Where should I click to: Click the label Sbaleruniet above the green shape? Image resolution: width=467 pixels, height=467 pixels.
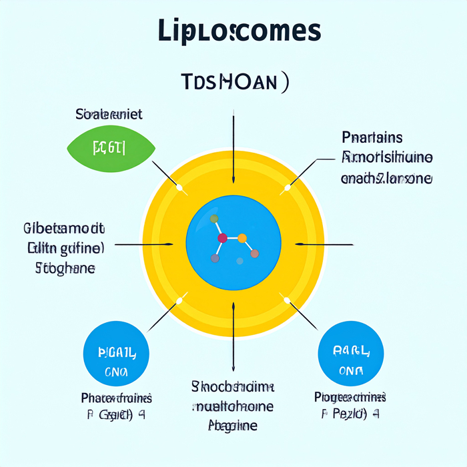[x=109, y=114]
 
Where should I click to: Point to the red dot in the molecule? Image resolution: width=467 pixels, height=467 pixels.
[x=222, y=238]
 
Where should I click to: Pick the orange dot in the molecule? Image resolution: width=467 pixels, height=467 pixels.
[x=242, y=238]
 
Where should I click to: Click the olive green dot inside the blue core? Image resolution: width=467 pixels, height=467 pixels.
[x=214, y=218]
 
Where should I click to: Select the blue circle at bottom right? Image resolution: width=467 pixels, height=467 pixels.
[x=351, y=354]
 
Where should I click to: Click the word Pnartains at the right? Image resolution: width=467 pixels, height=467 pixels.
[x=372, y=138]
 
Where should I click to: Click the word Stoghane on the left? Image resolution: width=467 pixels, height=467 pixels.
[x=64, y=270]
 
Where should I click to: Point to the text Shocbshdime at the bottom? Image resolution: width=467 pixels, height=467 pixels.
[x=233, y=387]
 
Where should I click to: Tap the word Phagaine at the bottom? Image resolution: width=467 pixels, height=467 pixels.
[x=233, y=425]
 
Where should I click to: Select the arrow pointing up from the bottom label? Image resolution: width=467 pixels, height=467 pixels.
[x=233, y=334]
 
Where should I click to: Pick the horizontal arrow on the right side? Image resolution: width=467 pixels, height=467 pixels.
[x=320, y=245]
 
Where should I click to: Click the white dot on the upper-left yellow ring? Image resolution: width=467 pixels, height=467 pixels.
[x=179, y=187]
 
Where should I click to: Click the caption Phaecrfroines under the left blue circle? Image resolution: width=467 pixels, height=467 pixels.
[x=116, y=398]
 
